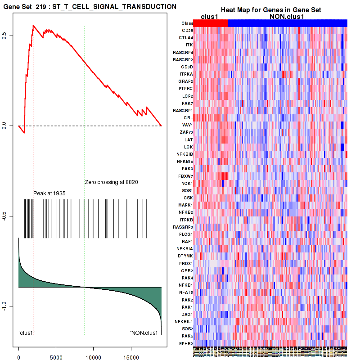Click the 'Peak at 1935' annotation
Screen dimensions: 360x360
(49, 193)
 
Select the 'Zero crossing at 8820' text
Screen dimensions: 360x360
(111, 182)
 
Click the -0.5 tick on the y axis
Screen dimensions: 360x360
(10, 216)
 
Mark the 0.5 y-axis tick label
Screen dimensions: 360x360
(10, 36)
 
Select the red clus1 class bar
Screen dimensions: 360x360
(210, 23)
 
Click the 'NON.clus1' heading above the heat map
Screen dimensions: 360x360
(290, 17)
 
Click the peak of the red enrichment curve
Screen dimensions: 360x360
(33, 26)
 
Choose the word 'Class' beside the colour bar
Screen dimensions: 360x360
(187, 23)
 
